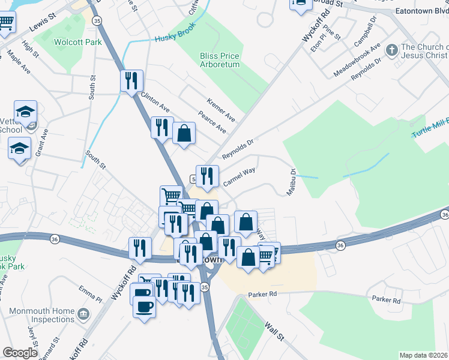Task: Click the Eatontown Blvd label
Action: click(421, 11)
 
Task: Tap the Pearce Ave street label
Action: click(212, 122)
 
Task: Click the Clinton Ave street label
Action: click(155, 101)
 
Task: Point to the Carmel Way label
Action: click(239, 176)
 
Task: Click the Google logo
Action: click(20, 353)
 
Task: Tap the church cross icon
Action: click(391, 50)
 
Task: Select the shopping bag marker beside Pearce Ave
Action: click(184, 134)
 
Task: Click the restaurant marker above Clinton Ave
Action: click(131, 80)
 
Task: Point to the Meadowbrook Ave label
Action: click(358, 60)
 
